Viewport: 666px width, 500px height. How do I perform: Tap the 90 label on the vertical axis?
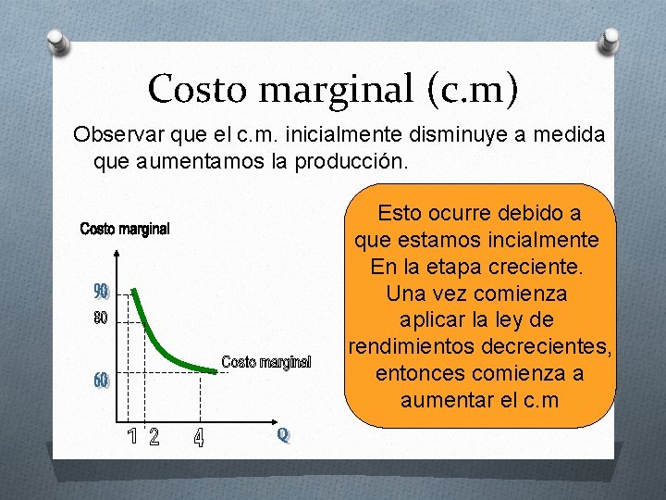click(x=101, y=293)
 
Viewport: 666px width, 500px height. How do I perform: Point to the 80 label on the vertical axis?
click(x=101, y=319)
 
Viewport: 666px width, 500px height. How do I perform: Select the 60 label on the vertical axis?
click(x=101, y=381)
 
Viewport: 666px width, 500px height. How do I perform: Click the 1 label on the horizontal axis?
click(x=131, y=435)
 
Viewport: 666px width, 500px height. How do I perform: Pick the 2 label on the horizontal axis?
click(x=154, y=436)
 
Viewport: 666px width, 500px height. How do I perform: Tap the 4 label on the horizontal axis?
click(x=199, y=436)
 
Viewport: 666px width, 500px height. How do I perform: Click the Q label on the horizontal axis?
click(x=282, y=433)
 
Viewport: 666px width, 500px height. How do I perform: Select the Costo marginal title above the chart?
click(x=125, y=229)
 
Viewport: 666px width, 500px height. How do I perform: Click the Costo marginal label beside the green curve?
click(x=266, y=361)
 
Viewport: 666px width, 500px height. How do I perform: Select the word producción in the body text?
click(x=350, y=161)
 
